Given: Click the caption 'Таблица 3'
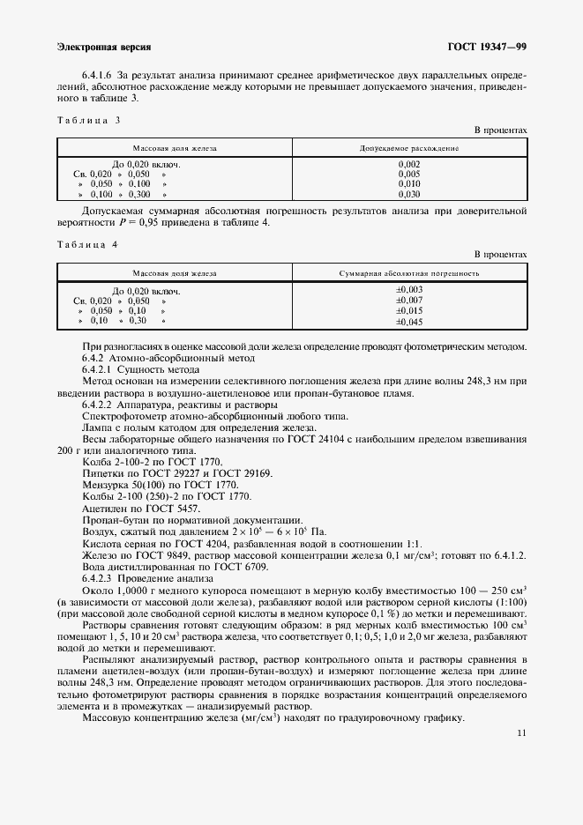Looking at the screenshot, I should (87, 119).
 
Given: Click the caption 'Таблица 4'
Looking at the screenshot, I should (87, 243).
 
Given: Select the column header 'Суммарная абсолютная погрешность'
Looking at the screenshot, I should (409, 273).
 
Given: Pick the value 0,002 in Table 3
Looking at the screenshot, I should (409, 165).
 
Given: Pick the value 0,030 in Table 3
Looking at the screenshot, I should (409, 194).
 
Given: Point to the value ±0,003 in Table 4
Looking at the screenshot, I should (410, 290).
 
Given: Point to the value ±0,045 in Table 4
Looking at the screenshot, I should (410, 322).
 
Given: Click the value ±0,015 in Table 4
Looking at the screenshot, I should (410, 311).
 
